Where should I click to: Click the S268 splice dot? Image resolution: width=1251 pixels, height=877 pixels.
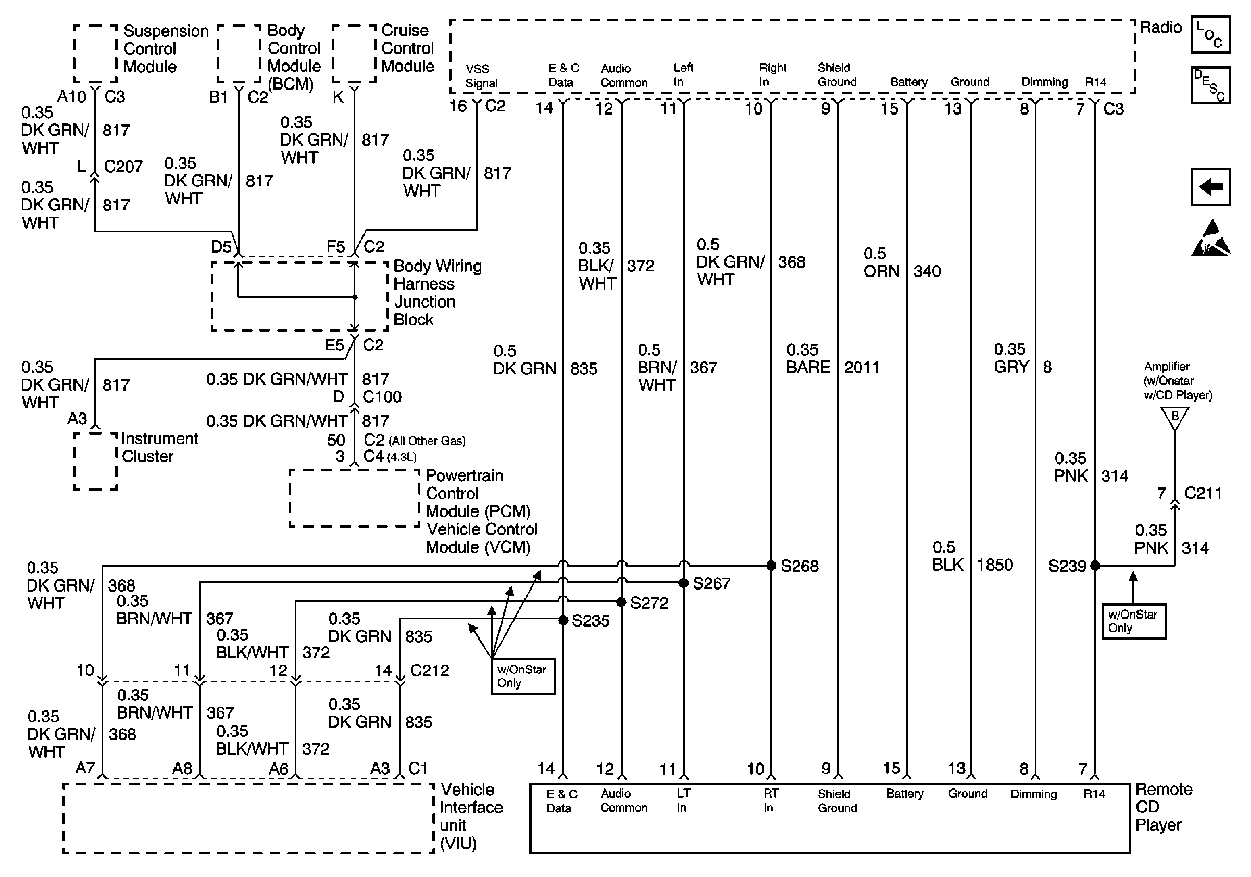click(x=771, y=566)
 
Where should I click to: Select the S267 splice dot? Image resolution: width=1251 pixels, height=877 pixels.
click(x=683, y=583)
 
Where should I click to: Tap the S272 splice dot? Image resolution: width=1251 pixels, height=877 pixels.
click(x=621, y=602)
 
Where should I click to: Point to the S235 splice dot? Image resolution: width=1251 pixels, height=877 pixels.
click(x=564, y=620)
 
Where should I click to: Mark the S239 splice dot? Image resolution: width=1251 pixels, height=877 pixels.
click(x=1095, y=566)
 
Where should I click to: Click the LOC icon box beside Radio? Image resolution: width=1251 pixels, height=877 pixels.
click(x=1210, y=35)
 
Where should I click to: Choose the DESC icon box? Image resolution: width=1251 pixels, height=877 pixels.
click(x=1210, y=85)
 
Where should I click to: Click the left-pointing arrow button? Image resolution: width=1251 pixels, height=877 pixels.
click(x=1210, y=187)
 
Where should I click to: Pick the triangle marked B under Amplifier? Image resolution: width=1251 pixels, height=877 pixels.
click(x=1175, y=417)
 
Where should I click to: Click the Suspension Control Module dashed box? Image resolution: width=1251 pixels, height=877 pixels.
click(x=95, y=54)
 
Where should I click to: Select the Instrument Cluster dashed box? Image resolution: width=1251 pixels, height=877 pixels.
click(x=95, y=461)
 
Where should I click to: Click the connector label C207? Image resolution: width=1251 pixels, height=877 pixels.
click(x=123, y=167)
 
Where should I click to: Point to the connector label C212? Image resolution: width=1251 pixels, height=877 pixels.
click(x=429, y=670)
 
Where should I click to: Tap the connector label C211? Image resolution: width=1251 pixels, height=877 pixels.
click(x=1203, y=494)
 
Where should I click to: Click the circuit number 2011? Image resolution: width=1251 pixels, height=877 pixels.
click(x=861, y=368)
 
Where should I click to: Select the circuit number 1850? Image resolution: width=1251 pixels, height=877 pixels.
click(x=994, y=565)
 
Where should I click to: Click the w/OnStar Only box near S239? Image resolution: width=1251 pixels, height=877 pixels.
click(x=1133, y=621)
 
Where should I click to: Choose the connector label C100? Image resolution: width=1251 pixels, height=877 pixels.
click(x=382, y=396)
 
